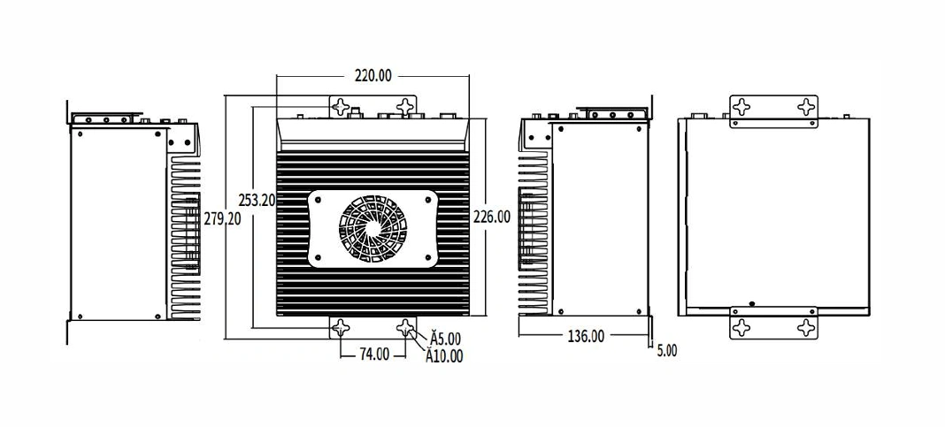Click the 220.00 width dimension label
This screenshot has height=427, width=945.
pos(373,75)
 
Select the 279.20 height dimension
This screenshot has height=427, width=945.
pos(222,219)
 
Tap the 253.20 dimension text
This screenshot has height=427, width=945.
pos(257,200)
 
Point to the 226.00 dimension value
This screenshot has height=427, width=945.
pos(492,217)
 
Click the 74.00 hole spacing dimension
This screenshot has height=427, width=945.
pos(374,355)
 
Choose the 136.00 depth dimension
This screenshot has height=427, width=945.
pos(586,336)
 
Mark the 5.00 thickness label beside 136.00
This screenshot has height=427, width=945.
pos(666,350)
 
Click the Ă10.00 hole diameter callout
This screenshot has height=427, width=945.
pos(445,356)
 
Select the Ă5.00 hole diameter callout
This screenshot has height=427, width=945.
pos(445,337)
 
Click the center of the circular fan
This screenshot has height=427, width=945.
pos(373,228)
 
